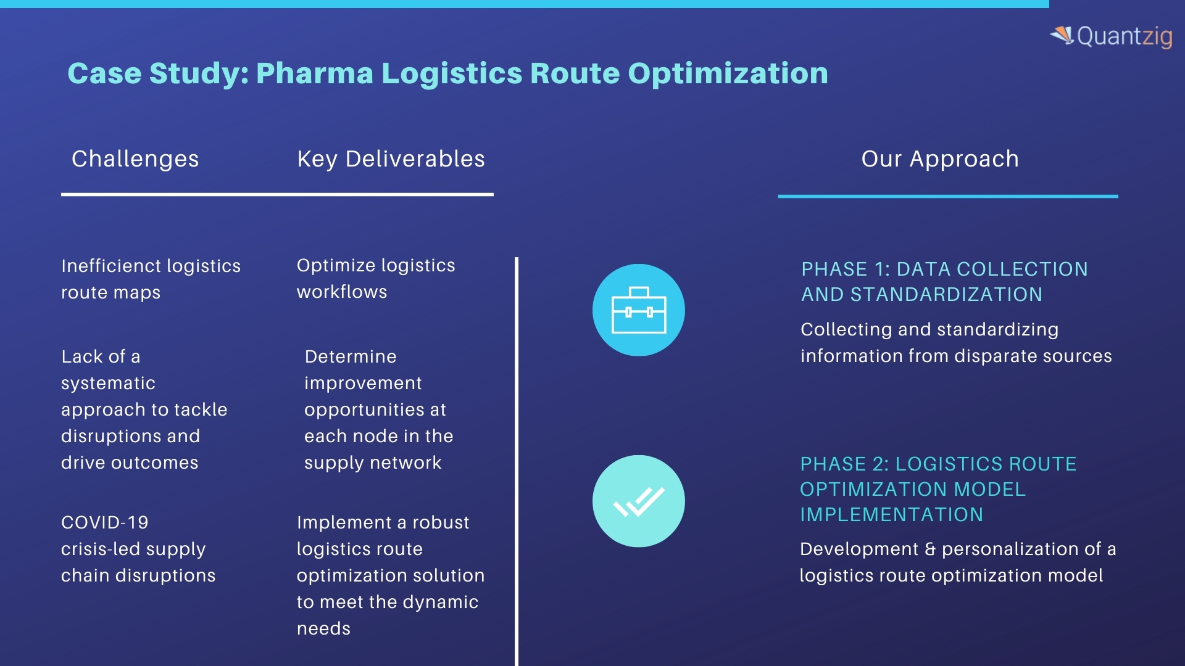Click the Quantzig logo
pyautogui.click(x=1111, y=36)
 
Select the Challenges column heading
pyautogui.click(x=135, y=159)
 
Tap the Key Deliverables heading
pyautogui.click(x=391, y=159)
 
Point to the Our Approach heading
pyautogui.click(x=940, y=159)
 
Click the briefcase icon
pyautogui.click(x=639, y=310)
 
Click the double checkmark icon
pyautogui.click(x=639, y=501)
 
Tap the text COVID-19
pyautogui.click(x=105, y=522)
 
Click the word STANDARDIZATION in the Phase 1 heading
pyautogui.click(x=947, y=295)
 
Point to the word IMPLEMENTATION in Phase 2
pyautogui.click(x=892, y=515)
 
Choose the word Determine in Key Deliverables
pyautogui.click(x=351, y=356)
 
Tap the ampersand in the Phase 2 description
pyautogui.click(x=930, y=549)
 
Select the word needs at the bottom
pyautogui.click(x=323, y=629)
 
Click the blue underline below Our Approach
pyautogui.click(x=948, y=196)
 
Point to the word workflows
pyautogui.click(x=342, y=292)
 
